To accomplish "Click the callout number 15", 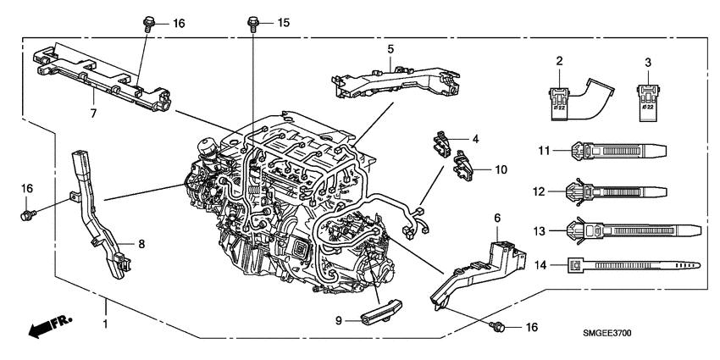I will [x=284, y=22].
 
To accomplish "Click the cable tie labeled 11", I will [x=627, y=150].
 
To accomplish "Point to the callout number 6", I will [x=497, y=218].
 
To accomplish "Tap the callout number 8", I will [x=142, y=244].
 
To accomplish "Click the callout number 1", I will [x=106, y=325].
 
